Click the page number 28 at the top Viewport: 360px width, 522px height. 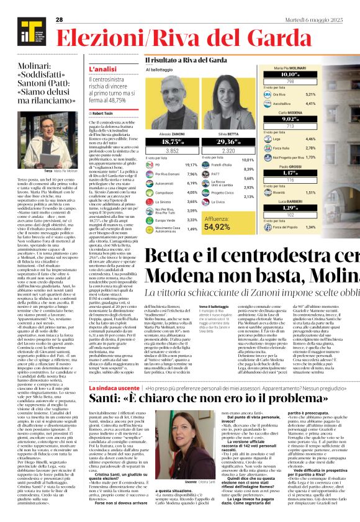(x=60, y=19)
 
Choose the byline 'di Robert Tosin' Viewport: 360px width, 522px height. (x=102, y=114)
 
